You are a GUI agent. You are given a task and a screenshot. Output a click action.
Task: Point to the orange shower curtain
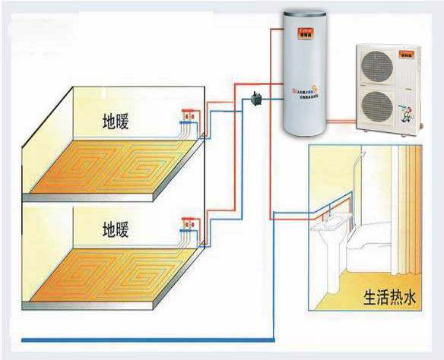[x=414, y=205]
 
